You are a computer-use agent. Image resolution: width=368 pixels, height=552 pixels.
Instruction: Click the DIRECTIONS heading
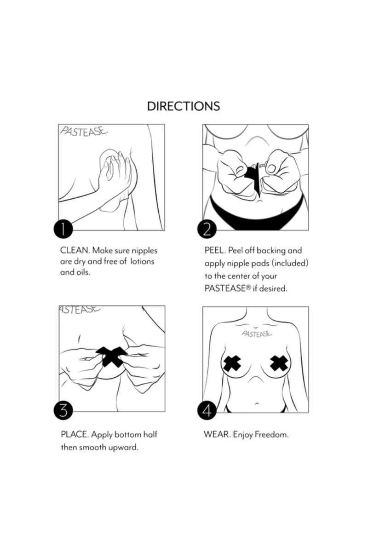click(x=184, y=106)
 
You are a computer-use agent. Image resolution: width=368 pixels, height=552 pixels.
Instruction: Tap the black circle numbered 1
click(x=63, y=229)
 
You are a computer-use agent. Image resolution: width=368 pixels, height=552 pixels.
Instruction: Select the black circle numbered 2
click(x=207, y=229)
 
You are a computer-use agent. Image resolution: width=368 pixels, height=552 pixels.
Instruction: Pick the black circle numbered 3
click(x=63, y=410)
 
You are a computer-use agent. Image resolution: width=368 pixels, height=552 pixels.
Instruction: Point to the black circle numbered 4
click(x=207, y=410)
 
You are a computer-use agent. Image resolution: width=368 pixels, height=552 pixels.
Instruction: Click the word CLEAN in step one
click(x=75, y=250)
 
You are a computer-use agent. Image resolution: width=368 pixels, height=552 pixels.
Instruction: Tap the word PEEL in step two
click(x=215, y=250)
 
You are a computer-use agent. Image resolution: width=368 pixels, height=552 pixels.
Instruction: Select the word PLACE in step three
click(x=75, y=434)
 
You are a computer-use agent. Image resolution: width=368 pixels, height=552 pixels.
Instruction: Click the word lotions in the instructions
click(x=142, y=261)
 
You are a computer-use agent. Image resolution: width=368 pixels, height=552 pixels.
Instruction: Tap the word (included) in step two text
click(x=290, y=263)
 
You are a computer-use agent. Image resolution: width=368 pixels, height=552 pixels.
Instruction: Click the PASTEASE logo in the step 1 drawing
click(x=84, y=132)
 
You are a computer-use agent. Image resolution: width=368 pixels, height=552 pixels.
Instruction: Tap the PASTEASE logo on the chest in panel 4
click(x=257, y=333)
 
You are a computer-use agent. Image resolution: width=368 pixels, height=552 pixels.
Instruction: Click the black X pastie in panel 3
click(x=112, y=356)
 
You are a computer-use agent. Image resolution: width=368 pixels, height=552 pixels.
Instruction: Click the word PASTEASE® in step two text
click(x=228, y=288)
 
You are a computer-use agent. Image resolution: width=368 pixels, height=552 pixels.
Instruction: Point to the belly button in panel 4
click(x=256, y=404)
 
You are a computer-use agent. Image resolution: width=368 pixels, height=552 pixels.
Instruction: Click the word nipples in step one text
click(x=144, y=251)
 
